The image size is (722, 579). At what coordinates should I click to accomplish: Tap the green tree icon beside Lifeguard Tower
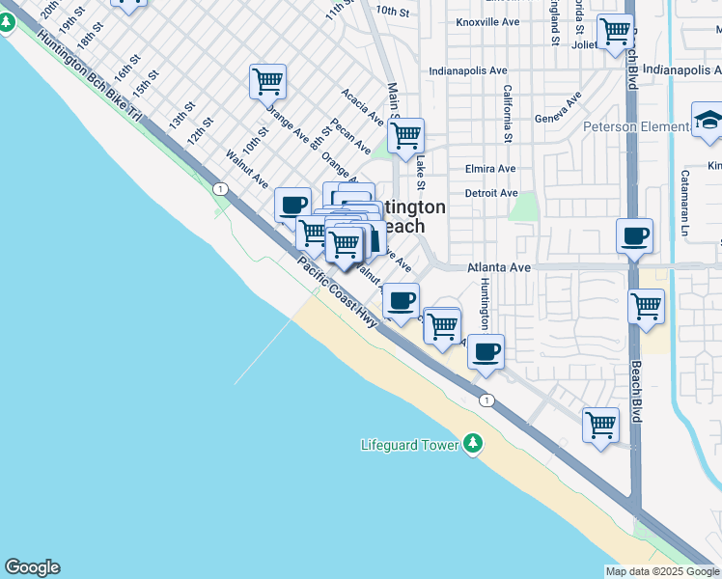pyautogui.click(x=472, y=444)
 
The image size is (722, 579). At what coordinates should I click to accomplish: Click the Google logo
pyautogui.click(x=32, y=567)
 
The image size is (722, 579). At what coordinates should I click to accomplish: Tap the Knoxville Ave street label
pyautogui.click(x=488, y=21)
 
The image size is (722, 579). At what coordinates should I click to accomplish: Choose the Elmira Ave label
pyautogui.click(x=490, y=168)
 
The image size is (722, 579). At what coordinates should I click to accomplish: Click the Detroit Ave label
pyautogui.click(x=490, y=193)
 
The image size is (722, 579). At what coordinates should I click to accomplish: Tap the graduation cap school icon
pyautogui.click(x=708, y=122)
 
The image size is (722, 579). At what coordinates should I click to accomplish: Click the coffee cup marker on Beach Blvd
pyautogui.click(x=634, y=236)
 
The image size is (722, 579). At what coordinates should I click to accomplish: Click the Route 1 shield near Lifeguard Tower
pyautogui.click(x=487, y=400)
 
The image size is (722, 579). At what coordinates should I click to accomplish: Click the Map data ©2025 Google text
pyautogui.click(x=662, y=571)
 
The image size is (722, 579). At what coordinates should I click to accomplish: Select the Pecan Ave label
pyautogui.click(x=350, y=137)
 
